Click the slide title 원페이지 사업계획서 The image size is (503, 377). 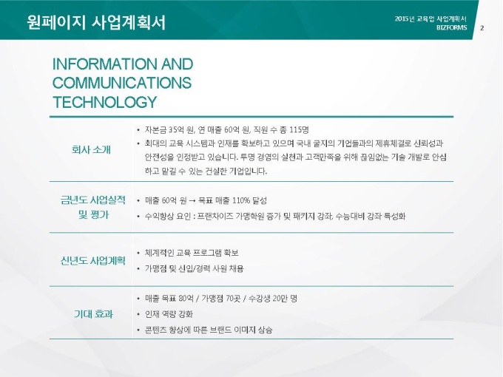pos(96,22)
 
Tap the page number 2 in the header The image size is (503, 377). pos(482,28)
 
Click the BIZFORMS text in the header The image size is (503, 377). pos(451,27)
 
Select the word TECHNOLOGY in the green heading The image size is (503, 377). pos(104,102)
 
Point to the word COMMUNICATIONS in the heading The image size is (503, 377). pos(122,83)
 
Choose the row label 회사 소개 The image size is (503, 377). pos(91,150)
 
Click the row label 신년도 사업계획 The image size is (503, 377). pos(92,261)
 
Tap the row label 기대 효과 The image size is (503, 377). pos(93,314)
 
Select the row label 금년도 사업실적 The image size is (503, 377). pos(92,200)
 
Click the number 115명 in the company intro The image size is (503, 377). pos(299,130)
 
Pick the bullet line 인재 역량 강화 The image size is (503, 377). pos(169,314)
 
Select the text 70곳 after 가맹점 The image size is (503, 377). pos(233,299)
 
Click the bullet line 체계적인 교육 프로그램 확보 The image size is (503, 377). pos(192,253)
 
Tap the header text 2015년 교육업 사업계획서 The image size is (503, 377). pos(431,19)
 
